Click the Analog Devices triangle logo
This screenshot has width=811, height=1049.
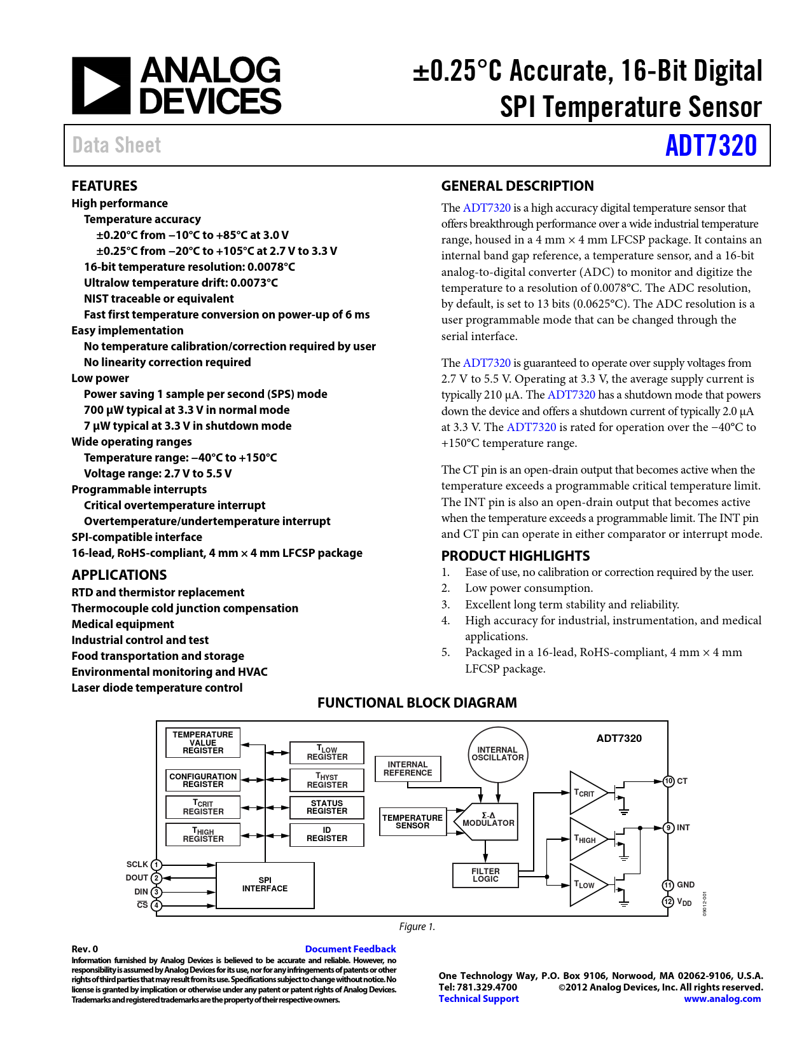coord(101,86)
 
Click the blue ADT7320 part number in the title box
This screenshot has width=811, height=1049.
coord(710,146)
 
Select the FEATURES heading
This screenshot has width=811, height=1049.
coord(104,186)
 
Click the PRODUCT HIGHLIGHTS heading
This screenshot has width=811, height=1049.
coord(515,556)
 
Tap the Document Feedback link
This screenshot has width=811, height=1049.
coord(350,949)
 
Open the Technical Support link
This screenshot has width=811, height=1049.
coord(478,999)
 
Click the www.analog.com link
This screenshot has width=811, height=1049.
coord(722,999)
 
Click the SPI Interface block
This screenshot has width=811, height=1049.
coord(265,885)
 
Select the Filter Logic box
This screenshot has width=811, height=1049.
coord(485,875)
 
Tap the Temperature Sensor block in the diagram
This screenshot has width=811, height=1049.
coord(413,821)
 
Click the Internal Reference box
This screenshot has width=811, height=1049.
coord(408,769)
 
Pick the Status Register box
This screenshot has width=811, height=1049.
coord(327,807)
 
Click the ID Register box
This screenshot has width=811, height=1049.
coord(327,835)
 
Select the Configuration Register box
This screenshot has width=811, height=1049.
coord(203,780)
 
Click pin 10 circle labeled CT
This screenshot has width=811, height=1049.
coord(669,781)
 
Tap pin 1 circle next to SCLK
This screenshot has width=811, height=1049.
coord(156,865)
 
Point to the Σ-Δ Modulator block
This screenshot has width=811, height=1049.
coord(488,820)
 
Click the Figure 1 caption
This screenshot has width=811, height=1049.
coord(417,927)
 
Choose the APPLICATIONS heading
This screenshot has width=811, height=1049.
coord(119,575)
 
